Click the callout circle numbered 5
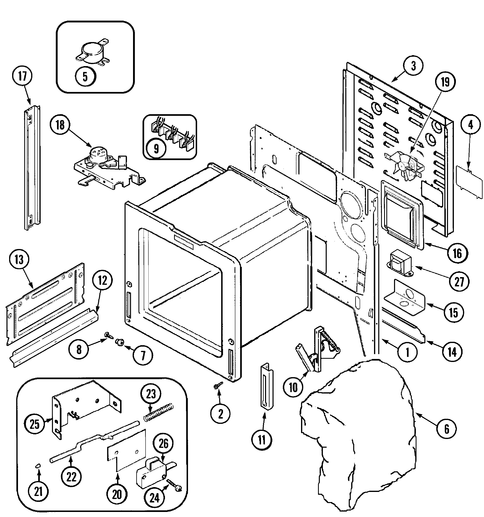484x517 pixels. (85, 77)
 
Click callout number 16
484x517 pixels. (457, 253)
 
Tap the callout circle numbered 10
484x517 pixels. (293, 387)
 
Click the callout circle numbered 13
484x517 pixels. (19, 260)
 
